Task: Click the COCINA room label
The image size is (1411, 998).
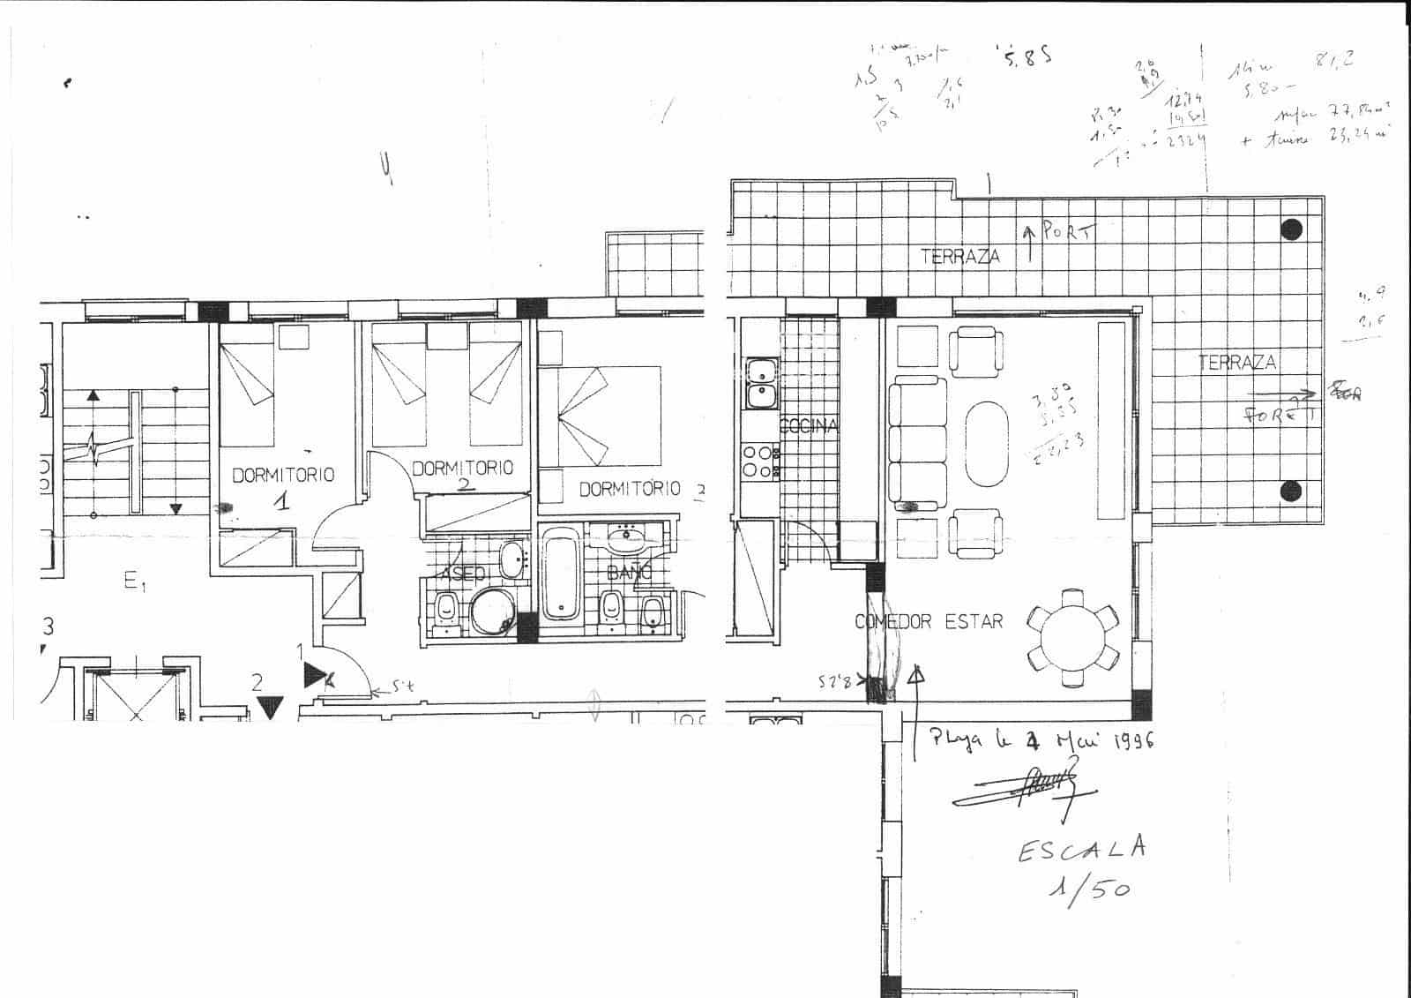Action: tap(809, 426)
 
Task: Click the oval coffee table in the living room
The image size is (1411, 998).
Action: tap(989, 446)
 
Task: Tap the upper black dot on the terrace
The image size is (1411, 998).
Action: tap(1291, 229)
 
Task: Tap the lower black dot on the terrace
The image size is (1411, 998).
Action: tap(1291, 491)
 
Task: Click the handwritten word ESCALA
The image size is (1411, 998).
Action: tap(1082, 850)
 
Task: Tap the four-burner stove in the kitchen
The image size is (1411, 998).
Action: tap(759, 461)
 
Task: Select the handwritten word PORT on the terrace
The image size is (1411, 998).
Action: tap(1066, 232)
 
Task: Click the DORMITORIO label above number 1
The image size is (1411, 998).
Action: tap(283, 475)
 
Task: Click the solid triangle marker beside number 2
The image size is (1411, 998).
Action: tap(270, 706)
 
